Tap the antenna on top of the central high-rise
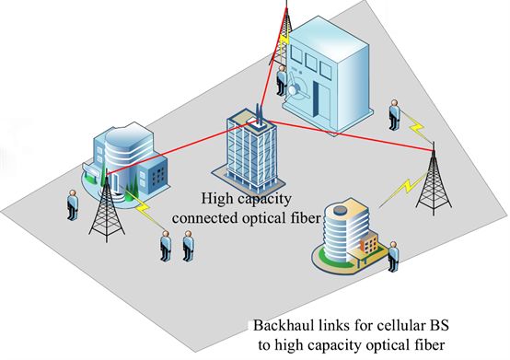click(260, 114)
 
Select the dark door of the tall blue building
click(316, 99)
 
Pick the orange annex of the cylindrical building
click(369, 245)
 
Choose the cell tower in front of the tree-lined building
click(107, 208)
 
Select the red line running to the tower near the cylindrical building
click(351, 136)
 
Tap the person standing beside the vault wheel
click(281, 80)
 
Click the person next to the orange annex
click(394, 257)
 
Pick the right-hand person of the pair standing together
click(188, 246)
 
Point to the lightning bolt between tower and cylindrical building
click(402, 192)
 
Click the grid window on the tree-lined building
click(158, 176)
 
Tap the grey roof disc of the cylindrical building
click(340, 210)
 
